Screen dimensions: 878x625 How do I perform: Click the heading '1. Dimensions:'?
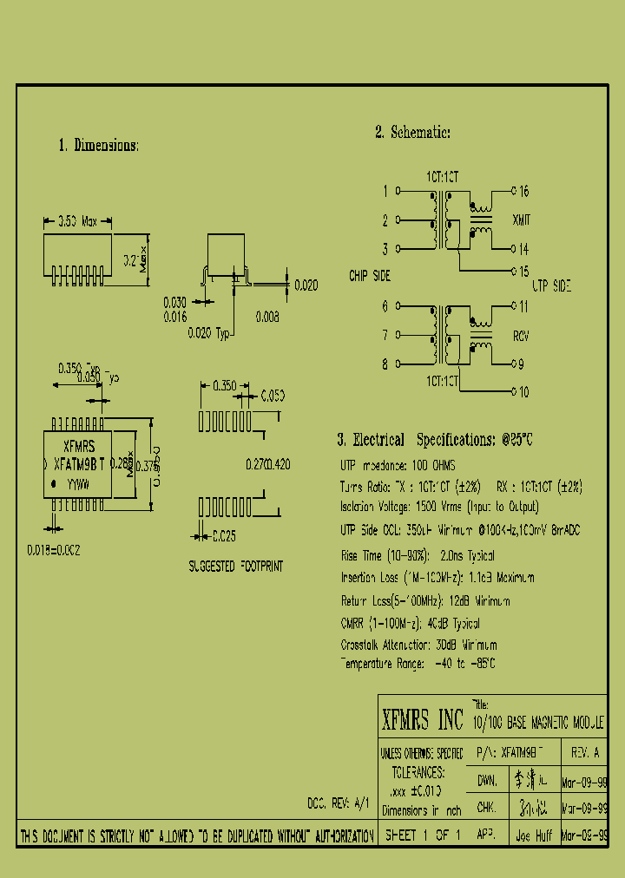(x=98, y=146)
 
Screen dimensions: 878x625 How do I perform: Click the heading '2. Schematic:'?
(x=412, y=132)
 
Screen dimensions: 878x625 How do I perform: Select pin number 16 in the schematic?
(x=524, y=191)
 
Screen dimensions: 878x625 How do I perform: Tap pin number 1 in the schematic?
(x=385, y=191)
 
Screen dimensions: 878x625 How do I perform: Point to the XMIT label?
(x=522, y=220)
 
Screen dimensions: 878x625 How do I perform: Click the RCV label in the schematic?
(x=522, y=336)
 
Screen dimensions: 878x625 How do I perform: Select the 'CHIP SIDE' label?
(x=370, y=276)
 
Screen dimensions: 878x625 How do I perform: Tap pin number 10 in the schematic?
(x=523, y=392)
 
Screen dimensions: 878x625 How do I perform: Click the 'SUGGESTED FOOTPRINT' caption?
(x=235, y=566)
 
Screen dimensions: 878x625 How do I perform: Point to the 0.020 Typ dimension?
(x=211, y=334)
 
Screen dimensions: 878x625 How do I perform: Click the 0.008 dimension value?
(x=267, y=318)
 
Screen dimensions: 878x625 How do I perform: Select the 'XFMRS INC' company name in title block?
(x=423, y=720)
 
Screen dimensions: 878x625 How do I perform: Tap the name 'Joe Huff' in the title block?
(x=534, y=837)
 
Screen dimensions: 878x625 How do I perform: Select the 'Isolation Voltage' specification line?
(x=439, y=507)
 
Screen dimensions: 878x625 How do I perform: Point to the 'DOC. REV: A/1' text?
(x=339, y=803)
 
